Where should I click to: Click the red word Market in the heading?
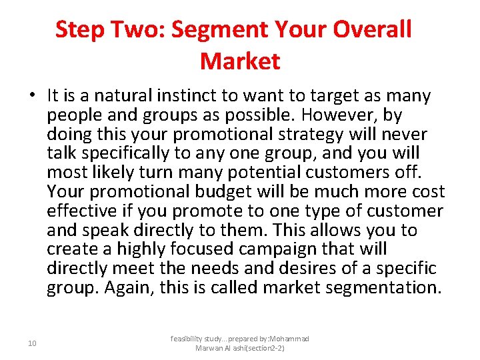pos(240,61)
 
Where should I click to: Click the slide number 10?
pos(32,343)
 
